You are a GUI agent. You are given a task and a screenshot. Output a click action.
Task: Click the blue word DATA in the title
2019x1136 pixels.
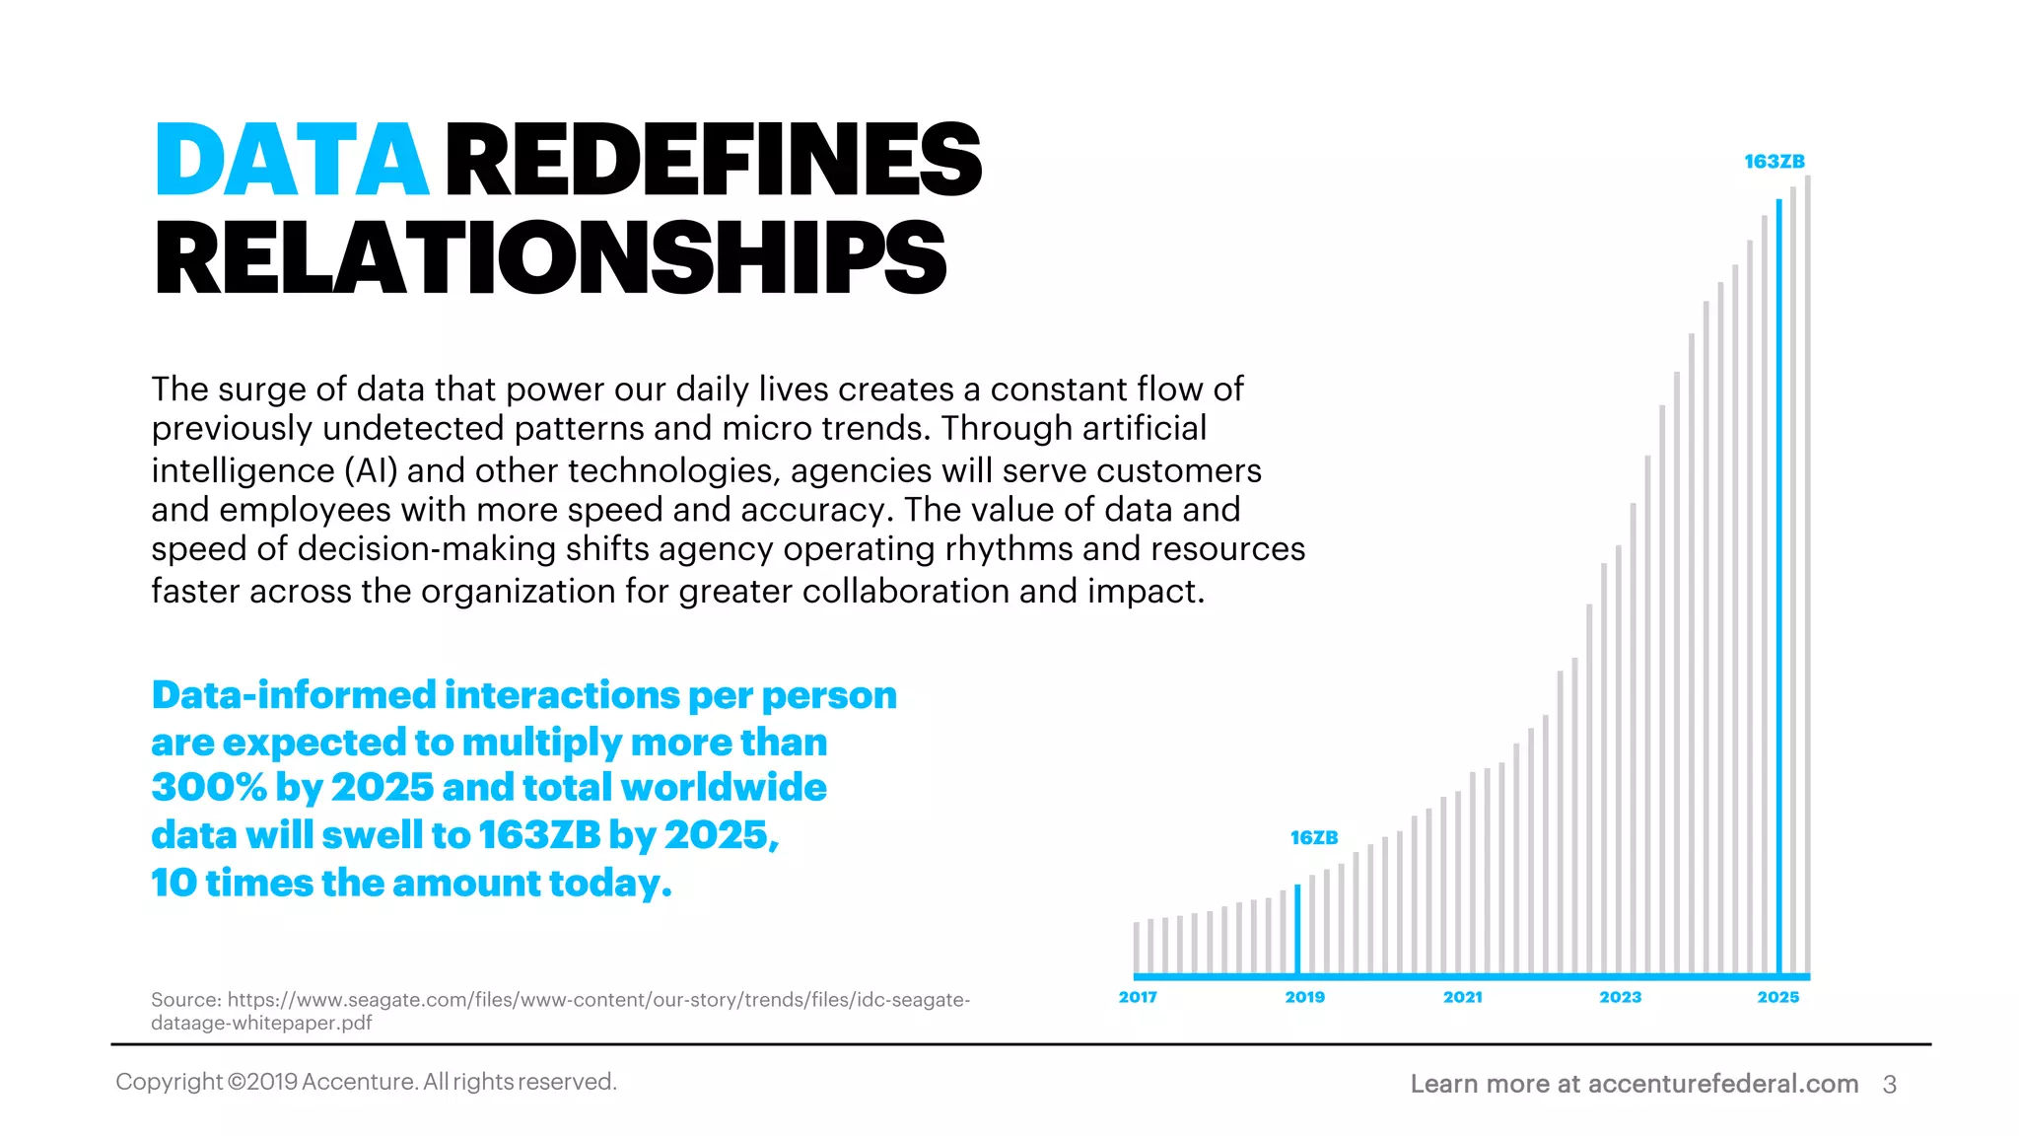click(292, 160)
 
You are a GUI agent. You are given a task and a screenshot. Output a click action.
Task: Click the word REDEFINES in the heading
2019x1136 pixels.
click(714, 160)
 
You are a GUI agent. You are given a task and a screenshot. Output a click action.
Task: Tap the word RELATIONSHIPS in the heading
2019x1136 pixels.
click(550, 258)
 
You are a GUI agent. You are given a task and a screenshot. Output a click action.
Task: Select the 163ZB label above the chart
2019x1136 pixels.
click(1774, 162)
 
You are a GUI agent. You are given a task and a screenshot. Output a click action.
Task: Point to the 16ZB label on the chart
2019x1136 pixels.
click(1313, 838)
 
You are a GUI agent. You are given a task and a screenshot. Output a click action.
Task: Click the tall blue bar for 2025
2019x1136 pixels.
click(1778, 592)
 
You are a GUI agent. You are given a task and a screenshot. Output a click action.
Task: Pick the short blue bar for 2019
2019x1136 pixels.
click(1297, 929)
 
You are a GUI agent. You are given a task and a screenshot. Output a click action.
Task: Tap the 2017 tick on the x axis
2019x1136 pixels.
click(1138, 997)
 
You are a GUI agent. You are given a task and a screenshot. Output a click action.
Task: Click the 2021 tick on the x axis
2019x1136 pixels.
click(1462, 997)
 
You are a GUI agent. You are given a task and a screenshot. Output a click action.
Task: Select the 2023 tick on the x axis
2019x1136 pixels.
click(1620, 997)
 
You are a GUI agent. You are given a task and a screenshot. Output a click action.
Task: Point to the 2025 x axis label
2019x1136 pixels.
click(1777, 997)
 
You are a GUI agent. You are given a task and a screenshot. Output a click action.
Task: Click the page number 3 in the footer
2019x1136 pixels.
click(1889, 1085)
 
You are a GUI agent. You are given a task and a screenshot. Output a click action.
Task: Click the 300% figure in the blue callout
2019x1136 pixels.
click(208, 788)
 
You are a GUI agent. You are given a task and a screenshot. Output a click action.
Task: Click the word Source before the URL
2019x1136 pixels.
click(185, 1000)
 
